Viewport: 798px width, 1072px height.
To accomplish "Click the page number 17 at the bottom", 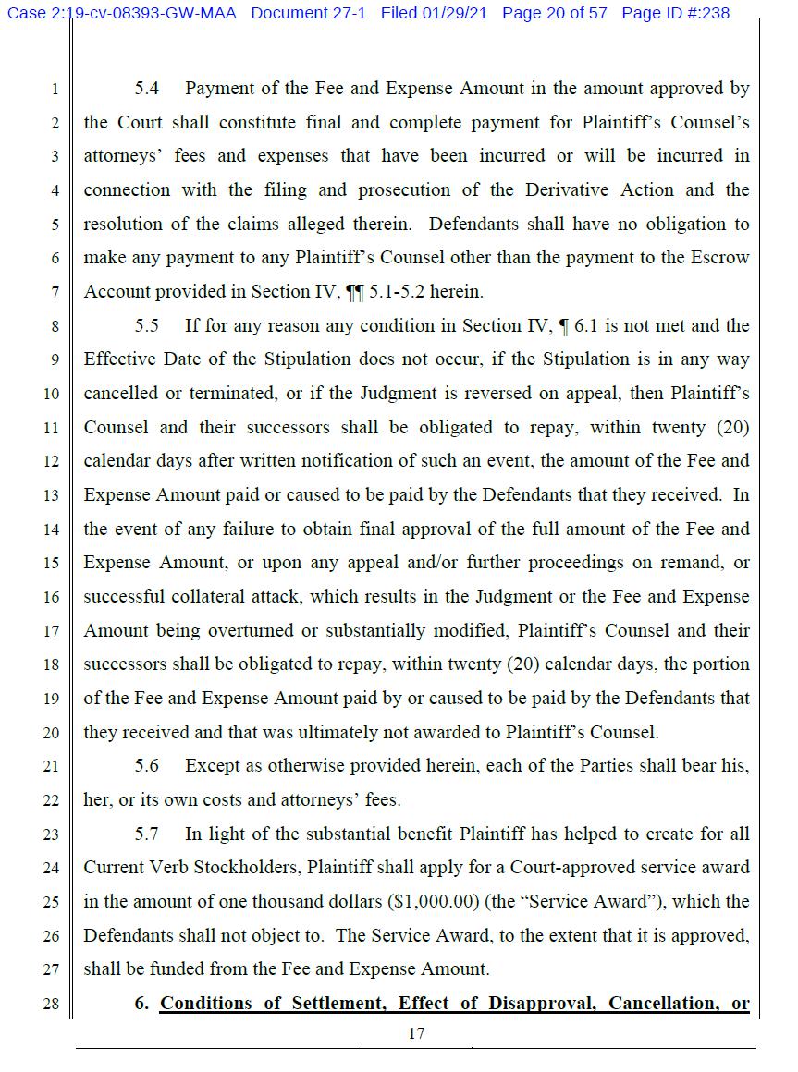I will [416, 1033].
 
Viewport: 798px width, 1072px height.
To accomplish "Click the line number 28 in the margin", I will [52, 1004].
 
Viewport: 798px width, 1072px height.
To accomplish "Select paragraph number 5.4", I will [147, 89].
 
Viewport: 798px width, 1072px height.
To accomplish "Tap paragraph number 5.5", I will [147, 325].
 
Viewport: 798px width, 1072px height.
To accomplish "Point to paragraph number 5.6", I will [147, 765].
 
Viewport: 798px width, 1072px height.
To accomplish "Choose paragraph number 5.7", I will [147, 834].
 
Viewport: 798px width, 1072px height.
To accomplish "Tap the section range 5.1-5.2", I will [405, 292].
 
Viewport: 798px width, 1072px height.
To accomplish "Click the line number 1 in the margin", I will [55, 90].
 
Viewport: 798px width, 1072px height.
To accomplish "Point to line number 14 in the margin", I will [52, 530].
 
